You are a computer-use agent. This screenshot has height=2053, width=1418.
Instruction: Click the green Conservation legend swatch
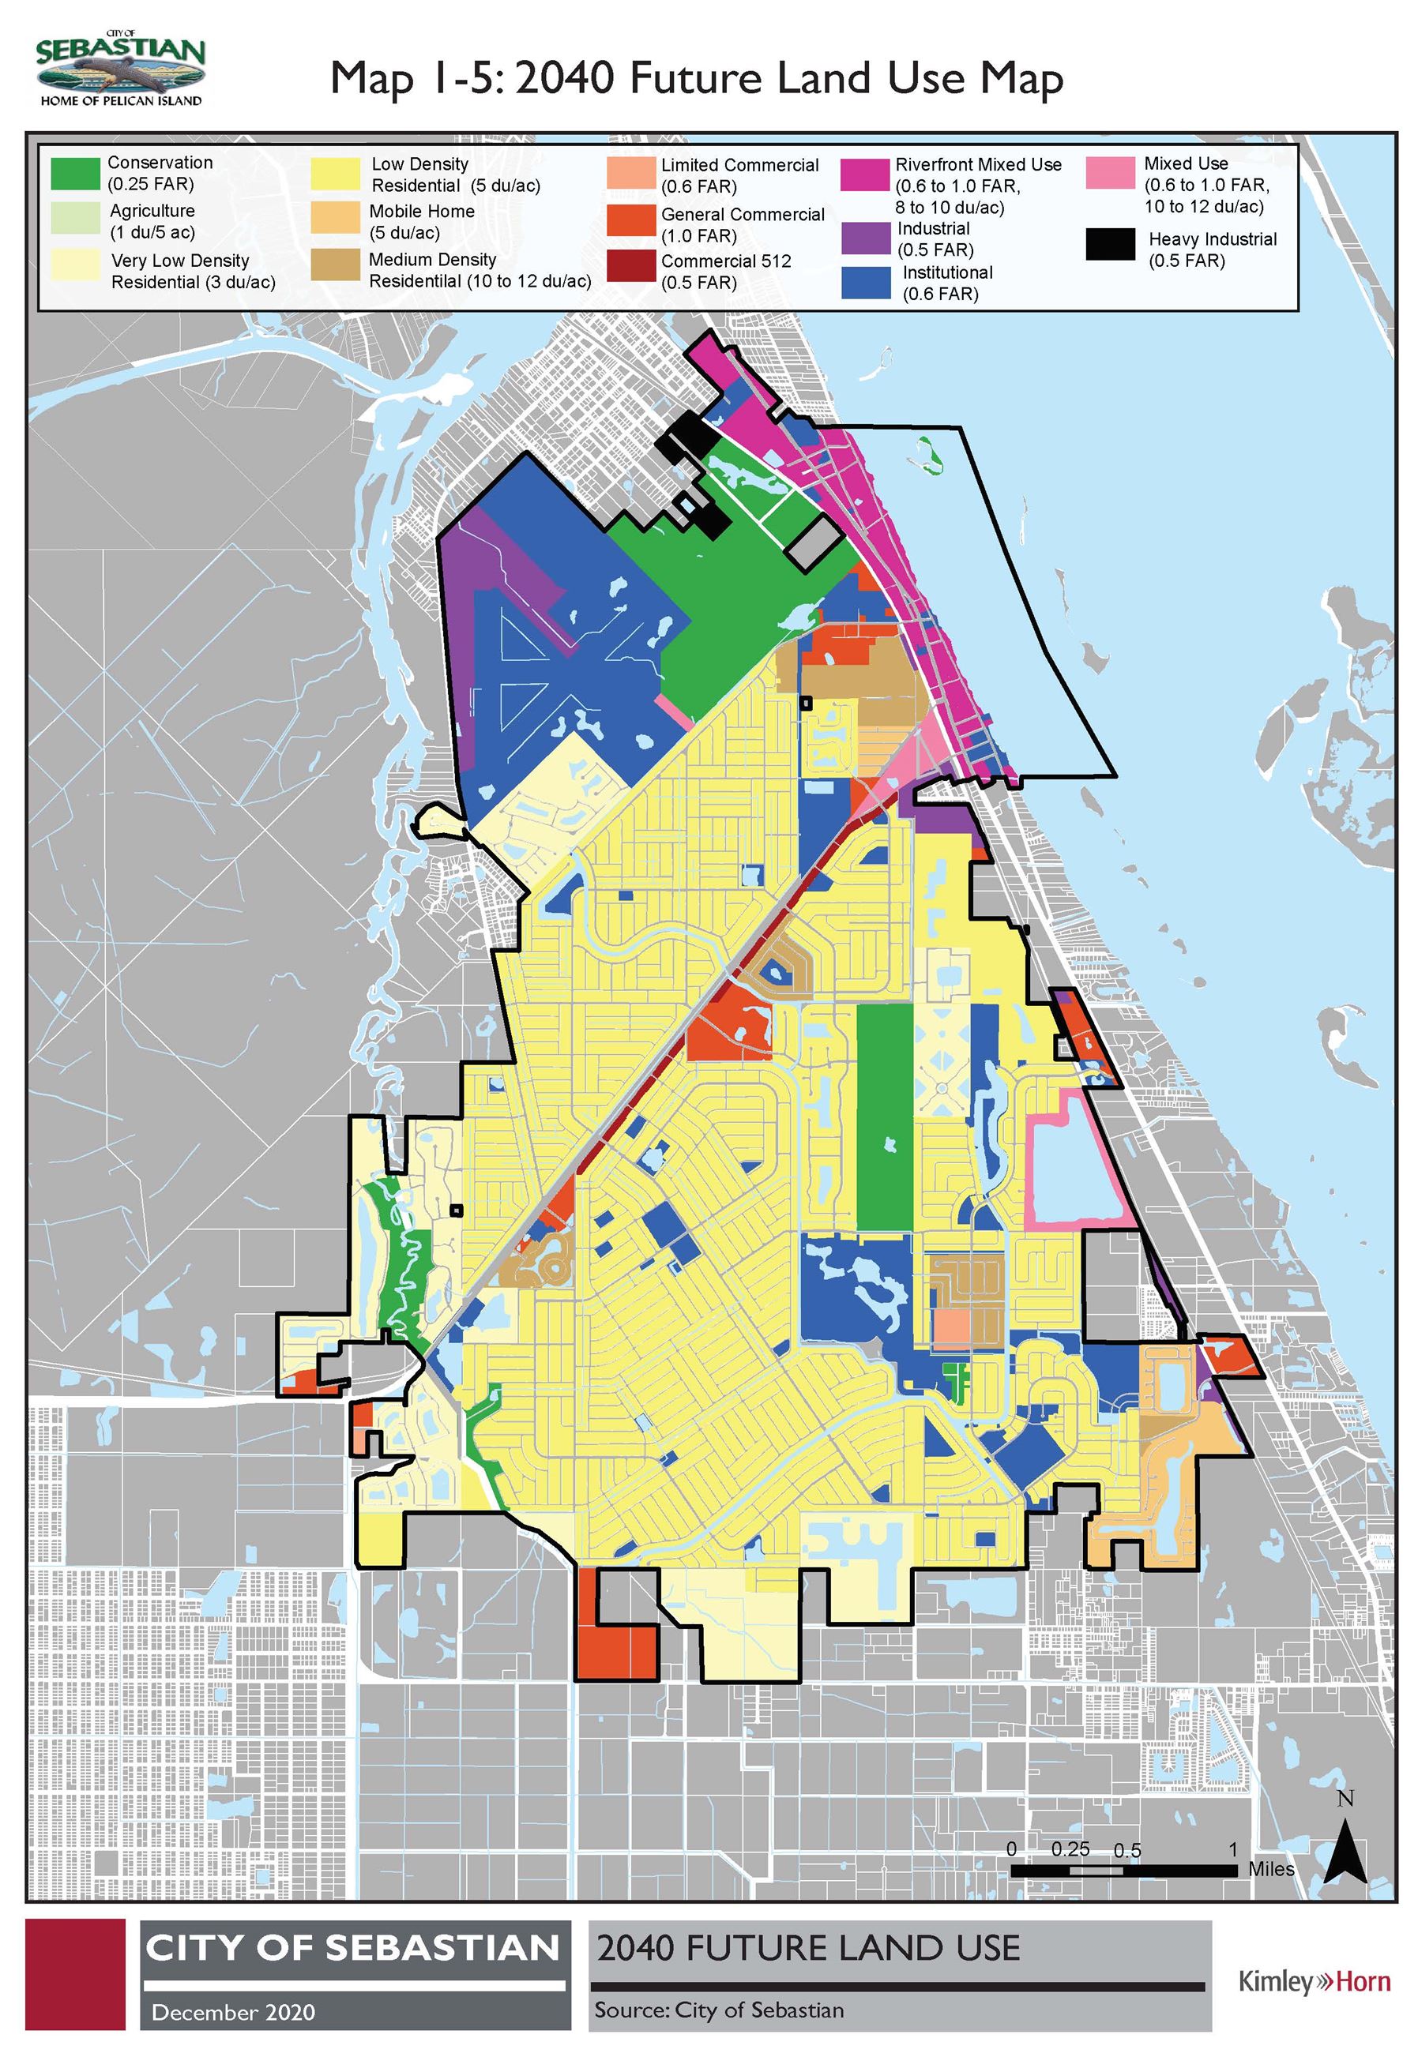(x=76, y=173)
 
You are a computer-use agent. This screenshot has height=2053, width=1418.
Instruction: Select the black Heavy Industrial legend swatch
(x=1110, y=244)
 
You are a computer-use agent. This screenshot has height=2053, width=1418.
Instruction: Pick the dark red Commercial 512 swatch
(x=632, y=266)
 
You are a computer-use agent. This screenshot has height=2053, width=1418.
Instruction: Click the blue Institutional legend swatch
(x=865, y=283)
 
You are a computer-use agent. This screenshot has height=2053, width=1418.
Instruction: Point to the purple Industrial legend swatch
(x=865, y=238)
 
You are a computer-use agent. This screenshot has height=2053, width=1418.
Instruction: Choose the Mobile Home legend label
(x=421, y=222)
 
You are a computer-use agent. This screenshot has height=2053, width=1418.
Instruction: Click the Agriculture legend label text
(x=152, y=221)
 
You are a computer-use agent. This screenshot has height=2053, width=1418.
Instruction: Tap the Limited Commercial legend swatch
(x=632, y=173)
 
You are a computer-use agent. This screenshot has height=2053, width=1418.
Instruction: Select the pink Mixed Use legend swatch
(x=1110, y=172)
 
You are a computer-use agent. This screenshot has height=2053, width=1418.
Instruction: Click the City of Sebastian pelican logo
(x=121, y=69)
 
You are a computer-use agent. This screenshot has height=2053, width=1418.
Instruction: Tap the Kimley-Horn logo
(x=1314, y=1981)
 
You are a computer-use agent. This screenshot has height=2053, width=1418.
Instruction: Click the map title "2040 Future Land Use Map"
(x=697, y=78)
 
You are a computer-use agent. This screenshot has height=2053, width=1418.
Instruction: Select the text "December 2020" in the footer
(x=233, y=2011)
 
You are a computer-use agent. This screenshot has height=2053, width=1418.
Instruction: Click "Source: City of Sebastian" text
(x=719, y=2010)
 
